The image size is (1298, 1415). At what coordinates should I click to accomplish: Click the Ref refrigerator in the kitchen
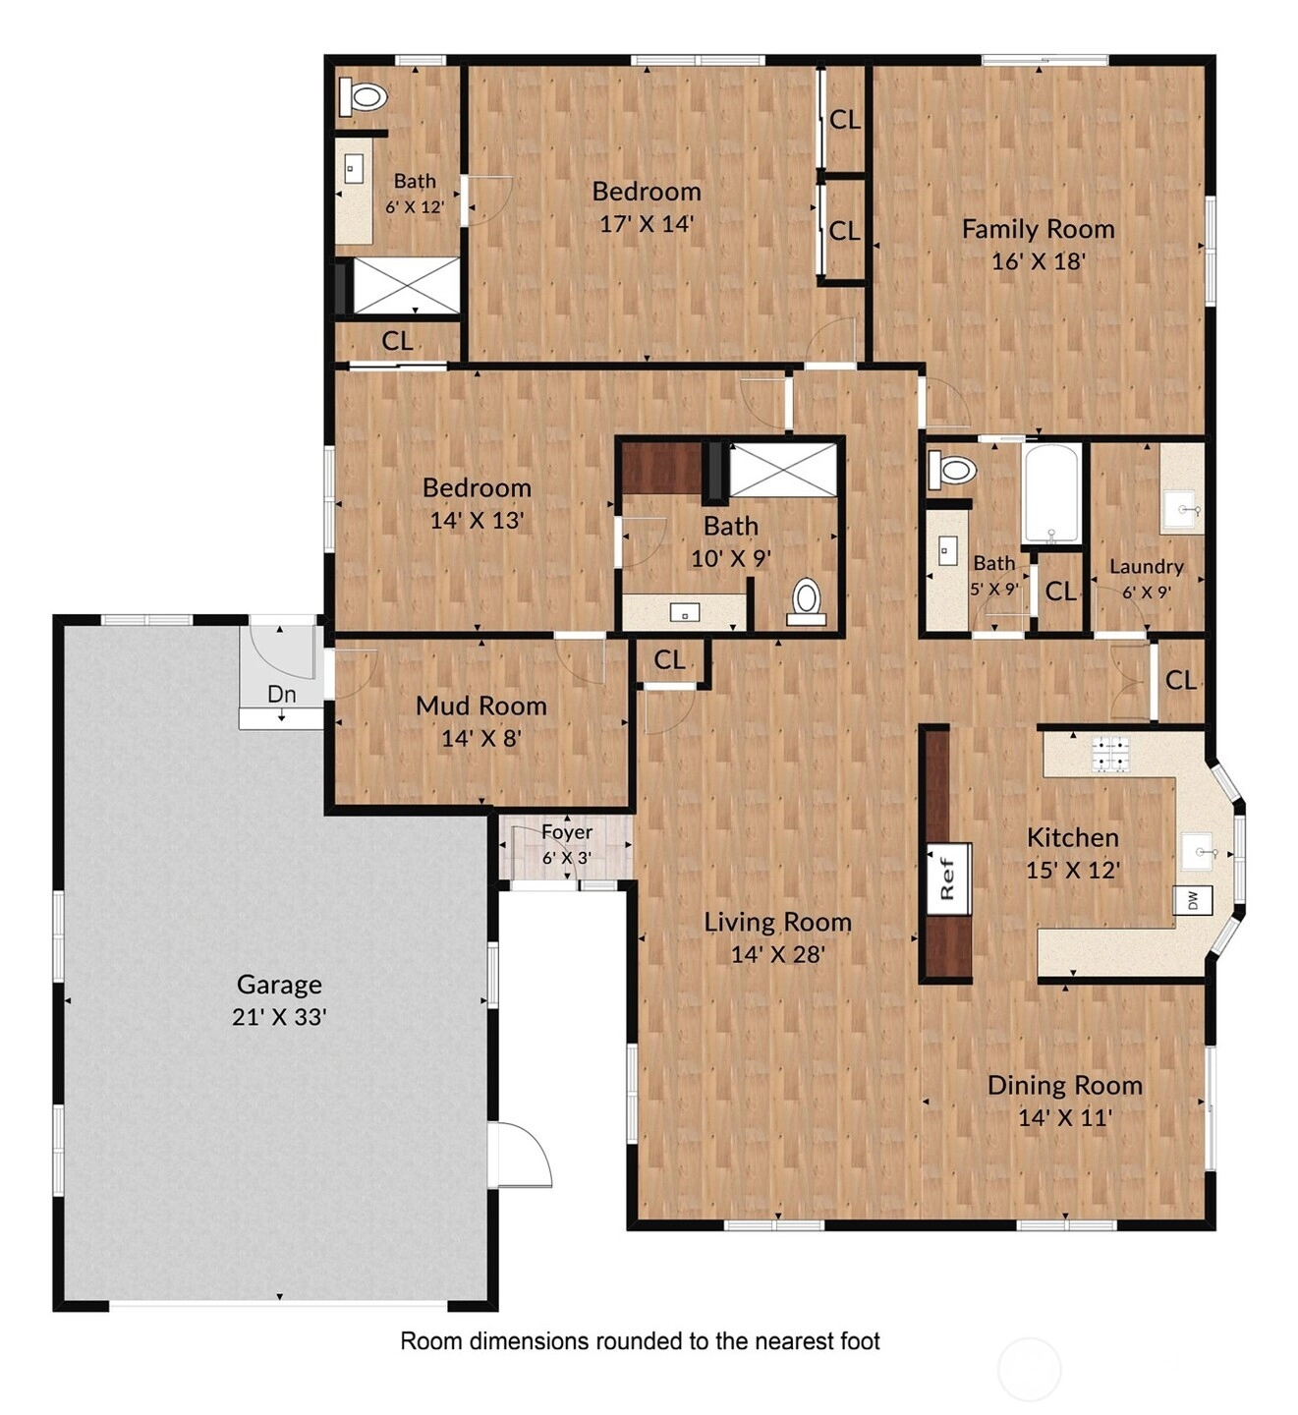point(949,878)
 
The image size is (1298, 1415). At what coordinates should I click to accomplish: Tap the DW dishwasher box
point(1192,900)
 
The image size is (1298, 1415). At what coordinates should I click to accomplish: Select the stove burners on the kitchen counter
point(1111,754)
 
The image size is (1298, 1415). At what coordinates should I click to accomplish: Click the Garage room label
point(279,984)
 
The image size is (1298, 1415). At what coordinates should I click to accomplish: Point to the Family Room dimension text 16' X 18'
point(1038,261)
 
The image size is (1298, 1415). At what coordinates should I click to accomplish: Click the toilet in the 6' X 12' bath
point(364,96)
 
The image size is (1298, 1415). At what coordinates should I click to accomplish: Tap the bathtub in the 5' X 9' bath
point(1051,492)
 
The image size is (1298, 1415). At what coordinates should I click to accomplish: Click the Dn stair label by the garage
point(281,694)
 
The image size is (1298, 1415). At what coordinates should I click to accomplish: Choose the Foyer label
point(567,832)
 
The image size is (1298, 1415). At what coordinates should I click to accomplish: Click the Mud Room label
point(481,706)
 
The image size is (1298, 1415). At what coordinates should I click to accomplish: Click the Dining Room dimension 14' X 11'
point(1065,1118)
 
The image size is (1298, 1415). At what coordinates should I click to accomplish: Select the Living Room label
point(777,922)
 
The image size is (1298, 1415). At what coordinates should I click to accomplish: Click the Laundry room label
point(1147,566)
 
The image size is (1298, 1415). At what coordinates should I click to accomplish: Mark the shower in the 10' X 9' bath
point(782,469)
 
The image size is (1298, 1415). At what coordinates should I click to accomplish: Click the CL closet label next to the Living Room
point(669,660)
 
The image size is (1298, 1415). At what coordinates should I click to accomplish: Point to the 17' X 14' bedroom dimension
point(647,224)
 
